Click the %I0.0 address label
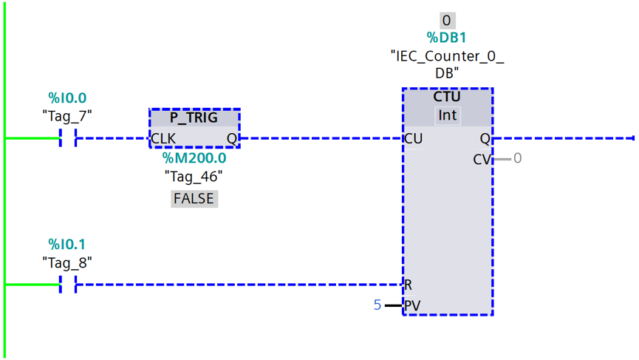pos(67,98)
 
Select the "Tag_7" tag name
pos(67,116)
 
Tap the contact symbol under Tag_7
pos(68,137)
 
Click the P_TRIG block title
pos(194,118)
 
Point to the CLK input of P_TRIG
pos(163,139)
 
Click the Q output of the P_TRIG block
pos(231,139)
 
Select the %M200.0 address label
pos(194,157)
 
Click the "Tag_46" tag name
pos(194,177)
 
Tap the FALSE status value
pos(194,199)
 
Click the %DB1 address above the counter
pos(446,38)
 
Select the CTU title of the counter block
pos(447,97)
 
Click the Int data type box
pos(447,115)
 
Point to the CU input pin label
pos(413,139)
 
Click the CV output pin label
pos(482,159)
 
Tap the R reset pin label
pos(408,285)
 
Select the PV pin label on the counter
pos(412,305)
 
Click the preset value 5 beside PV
pos(377,305)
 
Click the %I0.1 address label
pos(67,244)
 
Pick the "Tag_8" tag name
pos(67,263)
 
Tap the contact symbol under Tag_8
pos(68,284)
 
